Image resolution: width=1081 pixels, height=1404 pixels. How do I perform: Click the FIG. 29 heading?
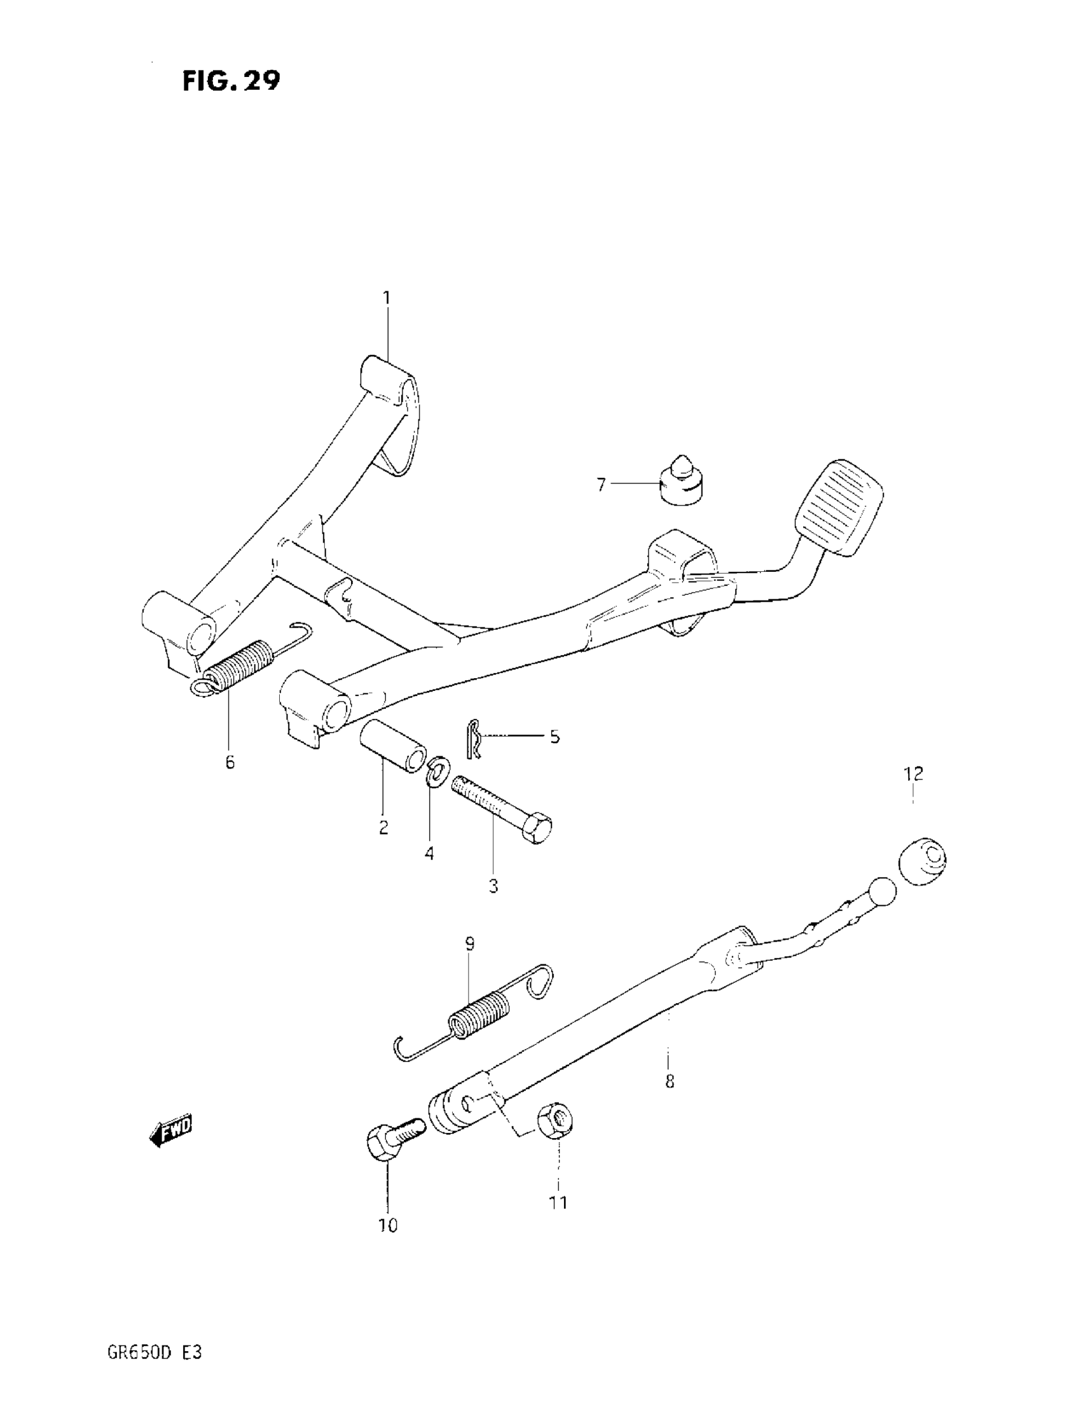click(231, 81)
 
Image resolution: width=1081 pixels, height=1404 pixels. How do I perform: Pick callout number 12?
click(913, 774)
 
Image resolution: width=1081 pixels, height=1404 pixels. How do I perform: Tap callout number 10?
click(387, 1226)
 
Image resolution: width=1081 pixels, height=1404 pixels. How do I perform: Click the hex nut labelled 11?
click(556, 1120)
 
